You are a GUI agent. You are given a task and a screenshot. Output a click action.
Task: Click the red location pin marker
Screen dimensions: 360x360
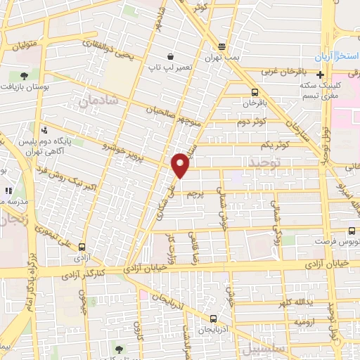pyautogui.click(x=181, y=166)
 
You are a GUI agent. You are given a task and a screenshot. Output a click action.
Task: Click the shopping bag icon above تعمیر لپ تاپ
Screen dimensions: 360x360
pyautogui.click(x=170, y=56)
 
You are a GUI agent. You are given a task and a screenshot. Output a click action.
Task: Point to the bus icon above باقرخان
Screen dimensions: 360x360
pyautogui.click(x=254, y=91)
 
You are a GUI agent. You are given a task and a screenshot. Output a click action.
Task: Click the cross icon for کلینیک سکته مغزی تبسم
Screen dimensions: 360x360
pyautogui.click(x=321, y=75)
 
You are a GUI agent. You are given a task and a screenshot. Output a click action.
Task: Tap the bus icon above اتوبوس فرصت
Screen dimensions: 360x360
pyautogui.click(x=352, y=230)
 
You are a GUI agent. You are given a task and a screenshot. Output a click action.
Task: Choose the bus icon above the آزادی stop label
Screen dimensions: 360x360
pyautogui.click(x=83, y=247)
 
